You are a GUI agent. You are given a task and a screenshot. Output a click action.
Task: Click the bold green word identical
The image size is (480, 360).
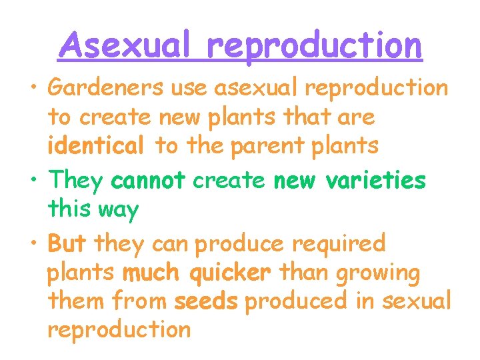tap(96, 145)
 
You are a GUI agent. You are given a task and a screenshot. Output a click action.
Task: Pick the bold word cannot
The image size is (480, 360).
tap(148, 180)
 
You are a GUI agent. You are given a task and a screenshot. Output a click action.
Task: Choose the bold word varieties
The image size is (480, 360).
tap(385, 180)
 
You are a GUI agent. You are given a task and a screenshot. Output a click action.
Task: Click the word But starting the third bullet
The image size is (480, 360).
tap(67, 243)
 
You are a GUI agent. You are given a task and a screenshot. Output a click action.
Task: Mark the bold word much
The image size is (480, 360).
tap(151, 273)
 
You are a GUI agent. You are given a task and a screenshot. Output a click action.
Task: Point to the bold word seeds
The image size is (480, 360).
tap(206, 301)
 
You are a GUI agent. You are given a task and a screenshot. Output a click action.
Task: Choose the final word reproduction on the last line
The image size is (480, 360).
tap(119, 330)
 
